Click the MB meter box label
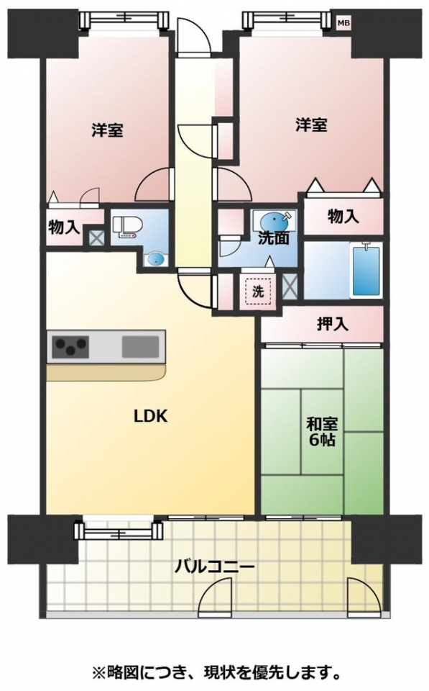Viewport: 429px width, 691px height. (x=343, y=23)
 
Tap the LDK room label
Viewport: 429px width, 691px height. (x=150, y=417)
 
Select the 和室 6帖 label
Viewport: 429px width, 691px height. (x=322, y=433)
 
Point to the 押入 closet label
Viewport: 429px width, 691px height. (x=333, y=325)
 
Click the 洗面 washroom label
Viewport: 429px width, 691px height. (x=273, y=238)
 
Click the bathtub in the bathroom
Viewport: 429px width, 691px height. (x=365, y=271)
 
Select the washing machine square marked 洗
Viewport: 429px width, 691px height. (x=258, y=292)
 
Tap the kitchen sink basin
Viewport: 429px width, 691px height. (x=140, y=346)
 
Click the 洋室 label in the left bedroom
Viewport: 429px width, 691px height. (x=107, y=130)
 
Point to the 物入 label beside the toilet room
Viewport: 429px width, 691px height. (x=64, y=228)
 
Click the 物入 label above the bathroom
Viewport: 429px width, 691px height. (x=343, y=217)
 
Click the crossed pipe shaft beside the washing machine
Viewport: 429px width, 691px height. (x=290, y=286)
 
